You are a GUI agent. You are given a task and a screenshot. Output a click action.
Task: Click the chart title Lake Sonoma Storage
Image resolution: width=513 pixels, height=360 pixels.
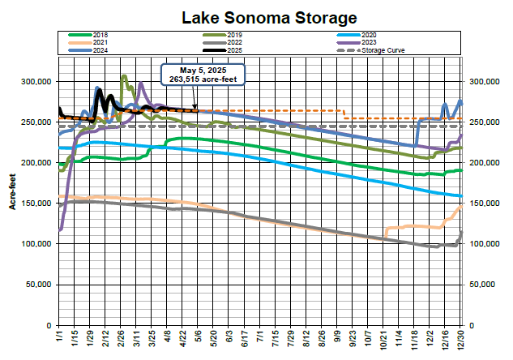256,17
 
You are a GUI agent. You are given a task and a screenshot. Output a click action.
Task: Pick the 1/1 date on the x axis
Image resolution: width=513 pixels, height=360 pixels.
60,336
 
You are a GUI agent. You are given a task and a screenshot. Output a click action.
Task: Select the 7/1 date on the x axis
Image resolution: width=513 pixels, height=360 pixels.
259,336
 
